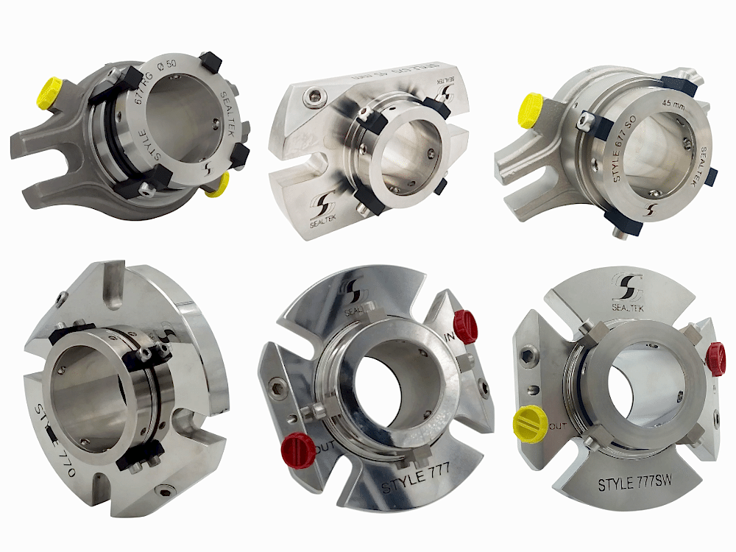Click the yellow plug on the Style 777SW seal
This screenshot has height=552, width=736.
529,425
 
